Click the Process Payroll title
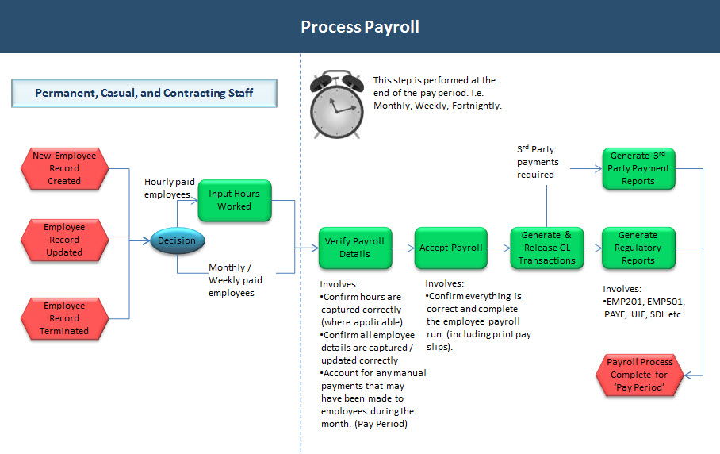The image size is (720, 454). pos(359,27)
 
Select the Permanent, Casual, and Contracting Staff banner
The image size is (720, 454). pos(144,93)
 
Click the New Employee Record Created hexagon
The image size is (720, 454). pos(64,168)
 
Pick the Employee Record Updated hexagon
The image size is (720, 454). pos(64,240)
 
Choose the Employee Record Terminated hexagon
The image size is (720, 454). pos(64,318)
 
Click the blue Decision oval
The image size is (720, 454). pos(177,240)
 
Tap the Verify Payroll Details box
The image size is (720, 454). pos(354,248)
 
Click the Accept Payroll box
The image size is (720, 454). pos(450,248)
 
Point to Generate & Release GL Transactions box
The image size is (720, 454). pos(546,248)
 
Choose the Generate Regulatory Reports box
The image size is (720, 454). pos(638,248)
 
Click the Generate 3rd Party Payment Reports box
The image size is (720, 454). pos(638,168)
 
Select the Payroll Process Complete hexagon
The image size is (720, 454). pos(640,374)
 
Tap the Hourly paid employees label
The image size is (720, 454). pos(167,188)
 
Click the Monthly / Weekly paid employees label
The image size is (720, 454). pos(236,280)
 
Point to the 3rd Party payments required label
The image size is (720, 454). pos(538,162)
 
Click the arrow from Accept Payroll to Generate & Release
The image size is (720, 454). pos(499,248)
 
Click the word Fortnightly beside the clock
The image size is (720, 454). pos(476,106)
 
